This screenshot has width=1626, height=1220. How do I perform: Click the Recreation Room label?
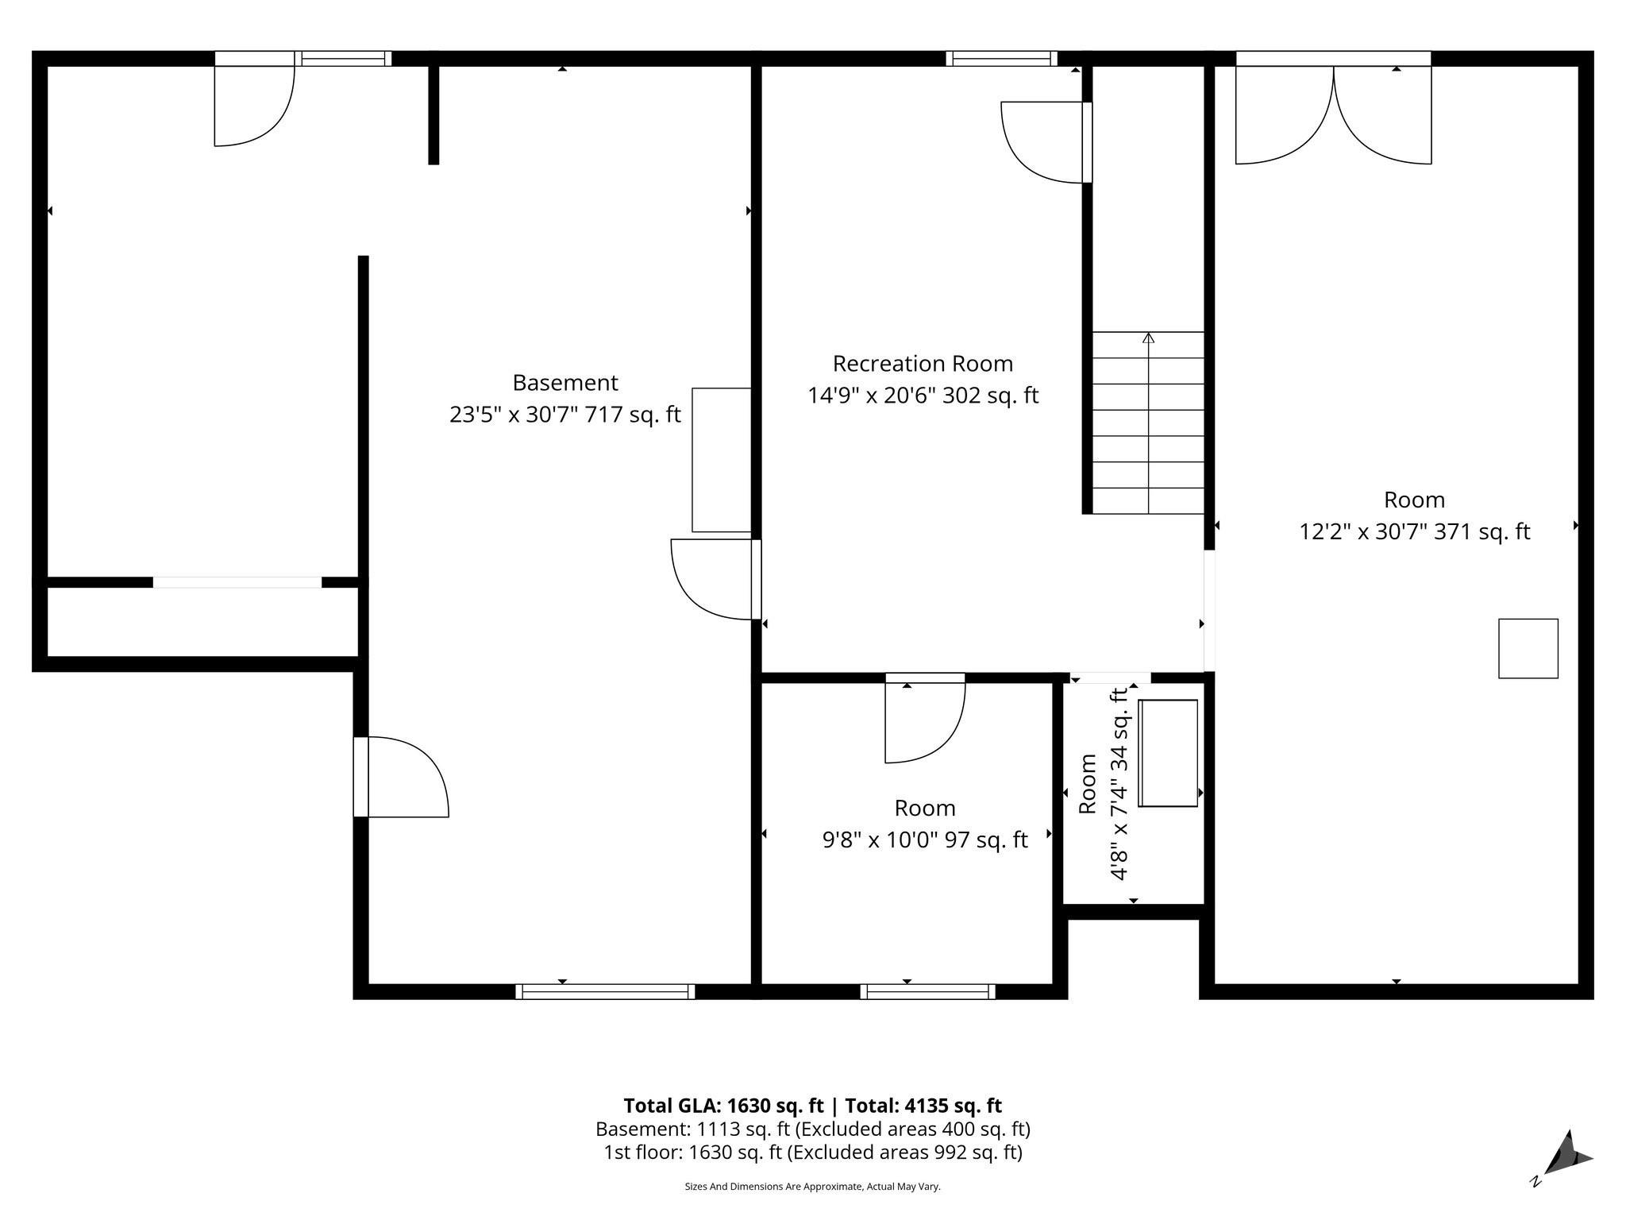[x=923, y=364]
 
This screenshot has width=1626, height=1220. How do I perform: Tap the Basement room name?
[x=564, y=383]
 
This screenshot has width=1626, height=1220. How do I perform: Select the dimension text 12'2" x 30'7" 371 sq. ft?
[x=1414, y=531]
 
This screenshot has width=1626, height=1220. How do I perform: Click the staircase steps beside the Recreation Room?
[x=1148, y=423]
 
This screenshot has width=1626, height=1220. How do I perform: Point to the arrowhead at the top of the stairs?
[x=1148, y=338]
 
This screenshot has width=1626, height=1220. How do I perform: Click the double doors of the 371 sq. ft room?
[x=1333, y=115]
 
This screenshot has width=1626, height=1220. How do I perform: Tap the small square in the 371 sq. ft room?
[x=1528, y=648]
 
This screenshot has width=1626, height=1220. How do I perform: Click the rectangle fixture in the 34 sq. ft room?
[x=1168, y=753]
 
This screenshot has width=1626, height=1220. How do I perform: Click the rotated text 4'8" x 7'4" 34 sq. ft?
[x=1119, y=784]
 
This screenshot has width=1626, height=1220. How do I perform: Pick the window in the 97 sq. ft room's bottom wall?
[x=927, y=991]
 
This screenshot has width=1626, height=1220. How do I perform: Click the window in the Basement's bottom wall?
[x=605, y=991]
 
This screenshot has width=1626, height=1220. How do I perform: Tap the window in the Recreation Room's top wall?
[x=1000, y=58]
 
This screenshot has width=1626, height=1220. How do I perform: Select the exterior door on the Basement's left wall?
[x=401, y=777]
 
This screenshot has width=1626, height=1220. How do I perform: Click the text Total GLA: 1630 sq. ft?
[x=723, y=1106]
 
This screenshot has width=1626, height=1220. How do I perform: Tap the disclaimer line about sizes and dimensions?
[x=812, y=1187]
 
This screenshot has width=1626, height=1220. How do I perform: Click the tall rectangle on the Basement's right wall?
[x=721, y=460]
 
